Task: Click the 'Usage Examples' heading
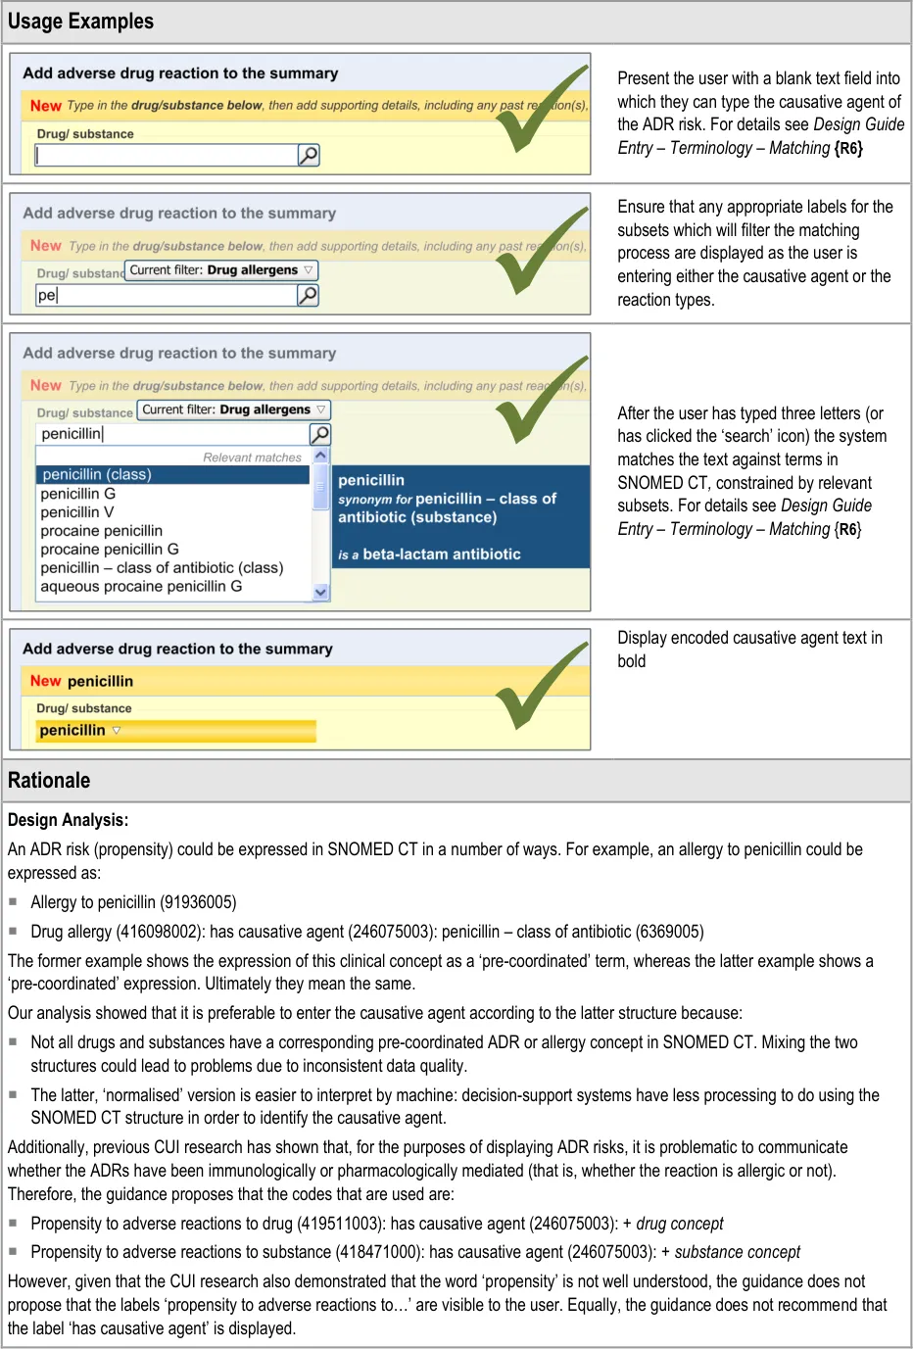click(80, 22)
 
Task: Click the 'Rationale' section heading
click(49, 781)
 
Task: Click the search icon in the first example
click(309, 155)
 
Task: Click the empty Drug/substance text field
click(166, 155)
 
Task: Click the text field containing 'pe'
click(166, 295)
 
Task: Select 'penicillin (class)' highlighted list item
click(96, 475)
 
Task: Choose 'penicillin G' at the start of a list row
click(78, 494)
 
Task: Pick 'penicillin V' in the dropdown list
click(77, 512)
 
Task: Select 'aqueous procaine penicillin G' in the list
click(141, 587)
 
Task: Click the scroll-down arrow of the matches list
click(320, 592)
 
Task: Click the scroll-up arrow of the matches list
click(320, 457)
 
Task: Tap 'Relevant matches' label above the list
click(252, 458)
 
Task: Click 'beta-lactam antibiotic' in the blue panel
click(441, 554)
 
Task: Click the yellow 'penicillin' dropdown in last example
click(176, 731)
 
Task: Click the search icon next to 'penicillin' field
click(320, 434)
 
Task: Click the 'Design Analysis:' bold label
click(68, 820)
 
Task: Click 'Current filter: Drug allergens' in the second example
click(221, 270)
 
